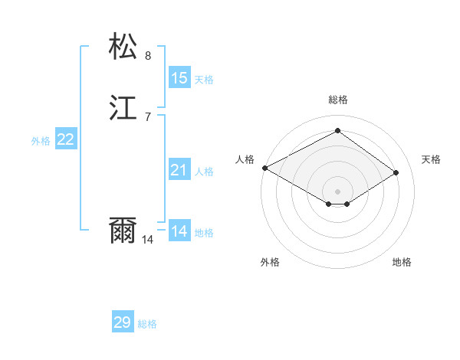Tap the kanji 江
click(123, 108)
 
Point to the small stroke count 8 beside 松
click(148, 55)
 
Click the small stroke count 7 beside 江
click(148, 117)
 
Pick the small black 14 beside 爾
click(148, 240)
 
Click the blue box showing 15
click(179, 78)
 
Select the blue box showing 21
click(179, 170)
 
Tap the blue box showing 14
click(179, 231)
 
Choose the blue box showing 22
click(66, 139)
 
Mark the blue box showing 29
click(123, 322)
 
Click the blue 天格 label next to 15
click(204, 80)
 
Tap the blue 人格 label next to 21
click(204, 172)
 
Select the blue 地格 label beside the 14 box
click(204, 233)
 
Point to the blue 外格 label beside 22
click(41, 141)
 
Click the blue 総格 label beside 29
click(147, 324)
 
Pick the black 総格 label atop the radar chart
click(338, 100)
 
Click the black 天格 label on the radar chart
click(431, 159)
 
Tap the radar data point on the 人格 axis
click(264, 168)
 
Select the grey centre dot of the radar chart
click(338, 191)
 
